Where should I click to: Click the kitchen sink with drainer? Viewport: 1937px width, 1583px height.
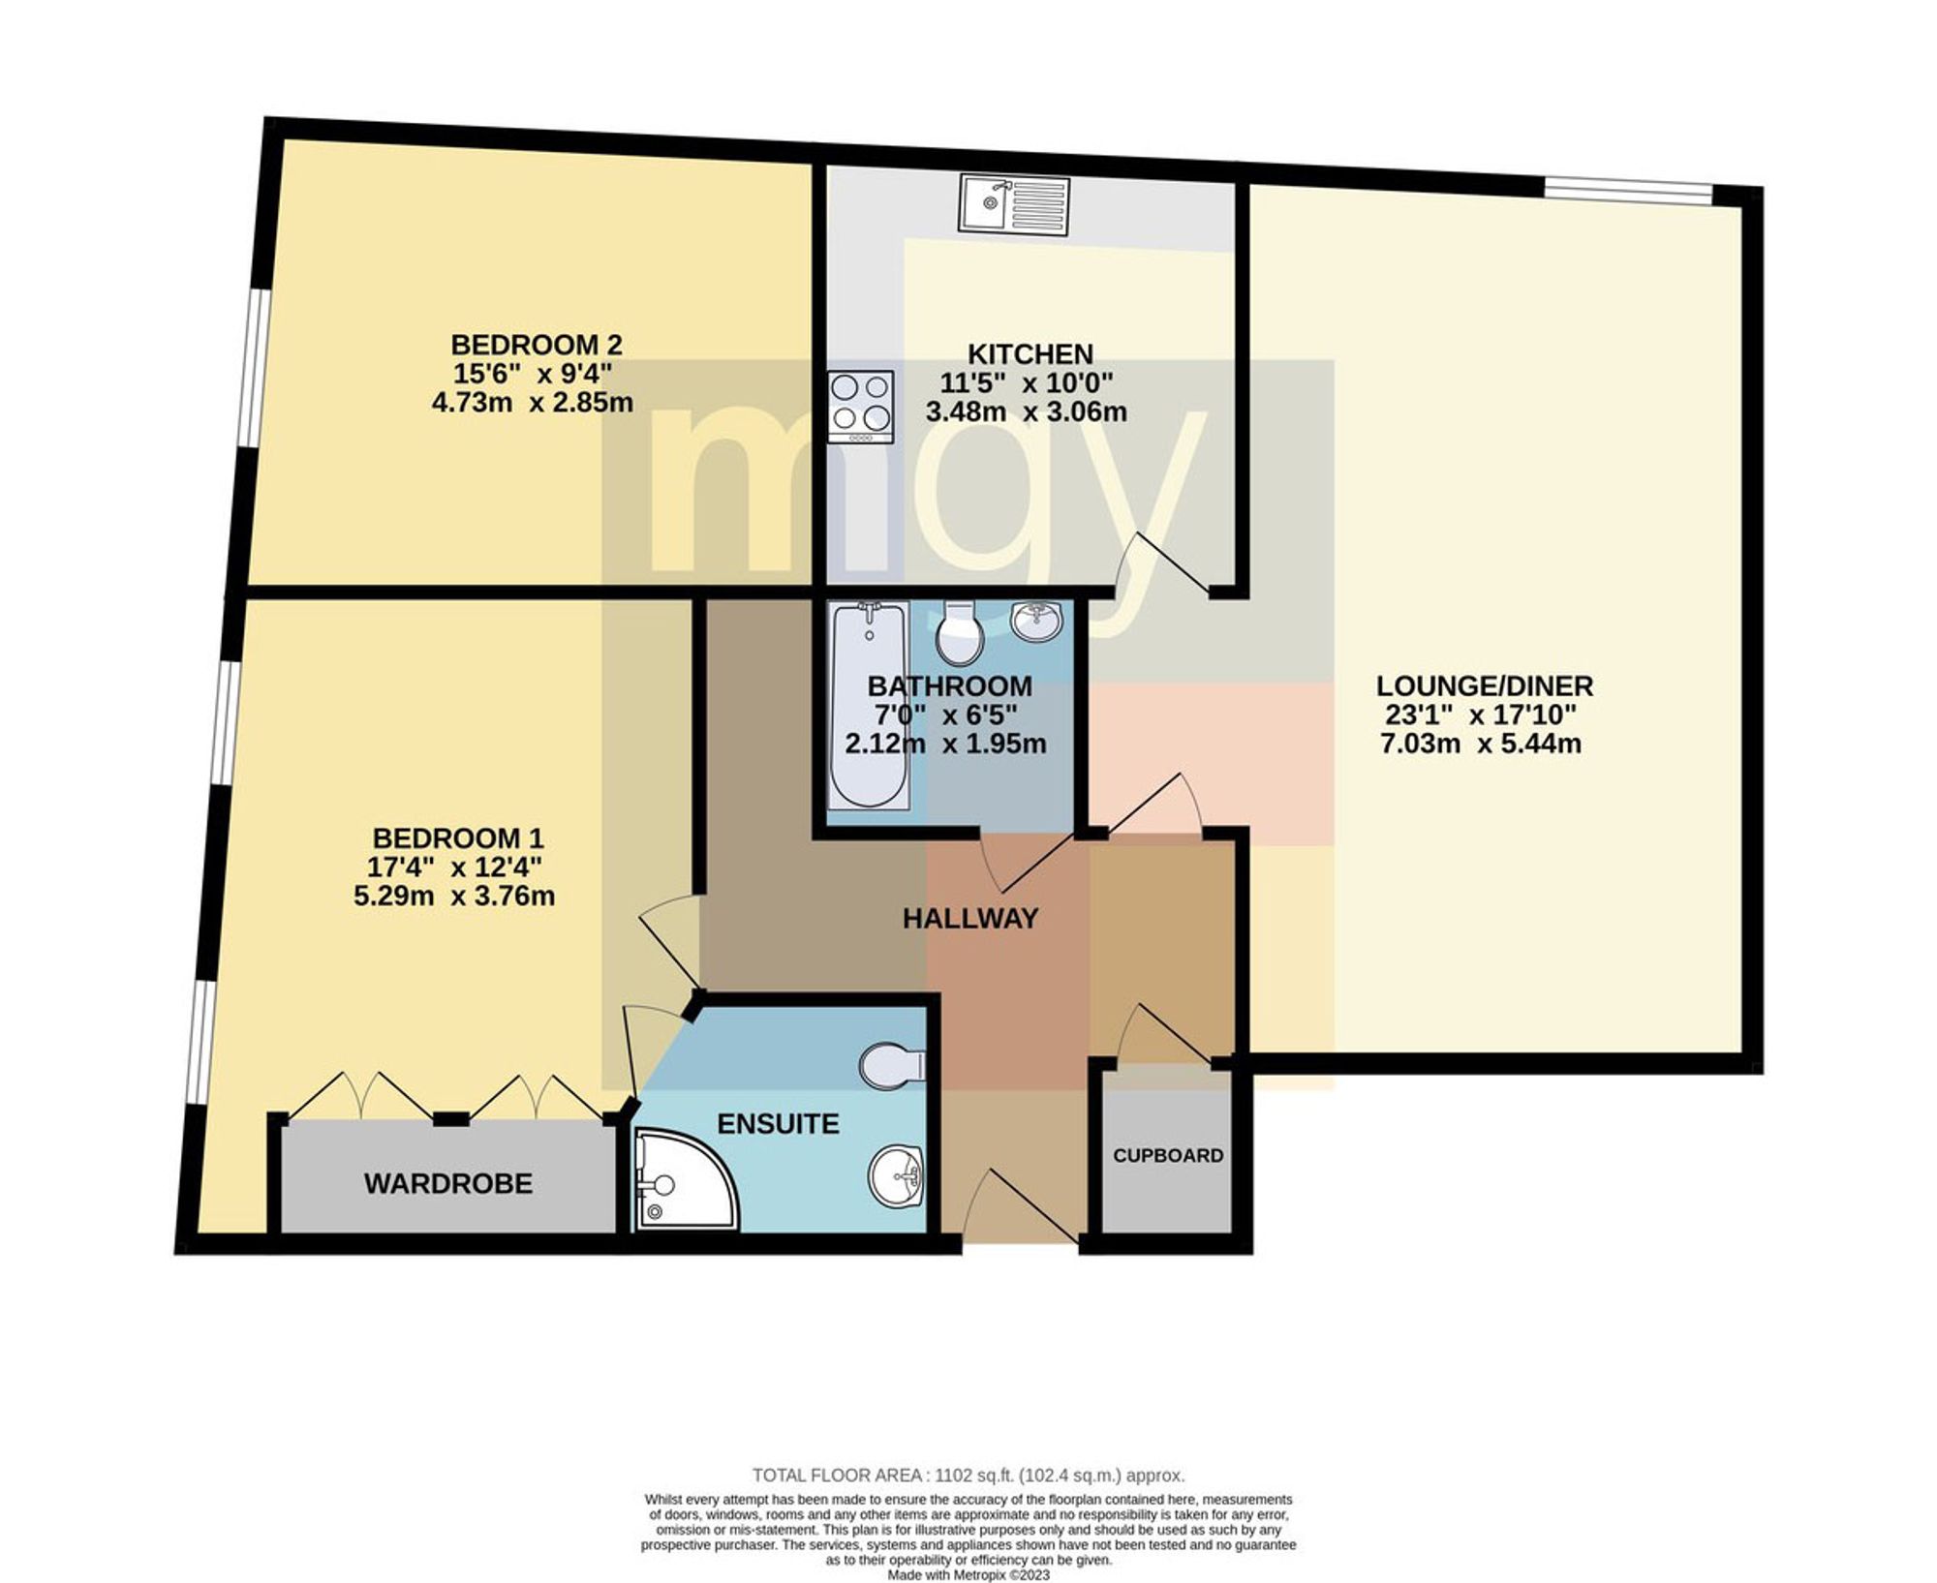tap(1014, 204)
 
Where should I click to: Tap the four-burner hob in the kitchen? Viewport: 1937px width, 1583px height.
tap(860, 408)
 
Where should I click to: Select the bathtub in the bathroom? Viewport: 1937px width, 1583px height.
tap(869, 704)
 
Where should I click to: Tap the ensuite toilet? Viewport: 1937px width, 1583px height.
tap(892, 1065)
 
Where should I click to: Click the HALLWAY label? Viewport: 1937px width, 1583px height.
tap(970, 918)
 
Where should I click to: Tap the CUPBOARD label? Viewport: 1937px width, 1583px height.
tap(1168, 1155)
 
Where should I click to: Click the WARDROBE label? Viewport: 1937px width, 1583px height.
tap(448, 1183)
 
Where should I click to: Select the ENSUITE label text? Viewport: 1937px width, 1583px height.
tap(778, 1123)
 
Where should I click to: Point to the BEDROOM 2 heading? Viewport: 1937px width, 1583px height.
tap(537, 344)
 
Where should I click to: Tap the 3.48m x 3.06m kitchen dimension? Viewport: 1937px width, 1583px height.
tap(1027, 411)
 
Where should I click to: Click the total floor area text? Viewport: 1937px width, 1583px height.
tap(968, 1476)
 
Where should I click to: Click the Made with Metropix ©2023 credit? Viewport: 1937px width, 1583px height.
tap(968, 1574)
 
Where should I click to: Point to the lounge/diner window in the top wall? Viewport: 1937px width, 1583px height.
tap(1627, 191)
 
